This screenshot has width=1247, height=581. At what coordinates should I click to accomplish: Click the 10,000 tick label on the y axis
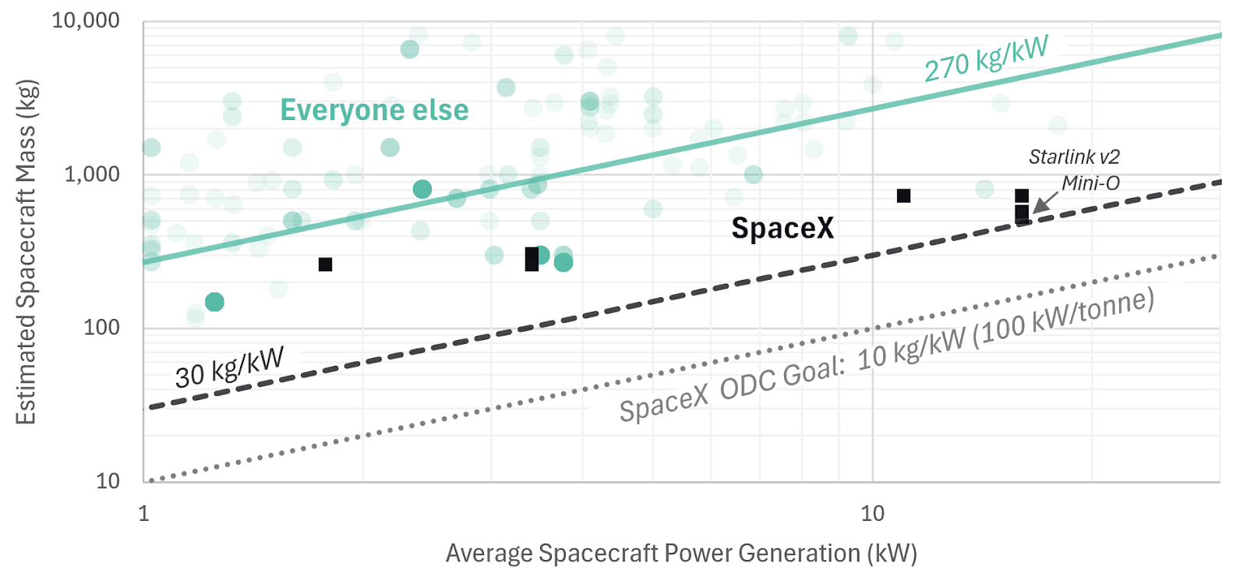(x=85, y=20)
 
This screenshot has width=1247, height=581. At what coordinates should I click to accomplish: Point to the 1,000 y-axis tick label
(x=91, y=174)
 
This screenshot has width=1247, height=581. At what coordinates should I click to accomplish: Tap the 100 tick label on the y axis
(x=101, y=328)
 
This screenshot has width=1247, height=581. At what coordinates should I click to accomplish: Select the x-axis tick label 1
(x=143, y=513)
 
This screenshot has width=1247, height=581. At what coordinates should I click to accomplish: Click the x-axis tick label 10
(x=872, y=513)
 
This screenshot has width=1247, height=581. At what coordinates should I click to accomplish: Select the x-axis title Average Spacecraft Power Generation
(x=680, y=553)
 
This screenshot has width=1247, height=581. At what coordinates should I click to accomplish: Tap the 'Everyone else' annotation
(x=374, y=111)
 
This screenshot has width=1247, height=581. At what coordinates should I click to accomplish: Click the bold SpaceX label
(x=782, y=229)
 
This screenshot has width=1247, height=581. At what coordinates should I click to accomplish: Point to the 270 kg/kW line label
(x=986, y=58)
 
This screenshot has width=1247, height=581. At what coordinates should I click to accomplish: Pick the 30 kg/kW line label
(x=229, y=367)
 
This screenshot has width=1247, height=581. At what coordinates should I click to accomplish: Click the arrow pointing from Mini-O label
(x=1044, y=202)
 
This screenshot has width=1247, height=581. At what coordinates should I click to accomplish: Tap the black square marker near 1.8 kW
(x=326, y=264)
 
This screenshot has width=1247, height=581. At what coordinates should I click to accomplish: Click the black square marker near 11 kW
(x=903, y=196)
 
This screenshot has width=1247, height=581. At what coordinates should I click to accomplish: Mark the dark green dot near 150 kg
(x=214, y=302)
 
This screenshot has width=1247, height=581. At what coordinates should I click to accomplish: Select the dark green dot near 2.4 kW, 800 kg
(x=422, y=189)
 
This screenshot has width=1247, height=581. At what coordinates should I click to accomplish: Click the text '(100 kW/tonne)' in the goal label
(x=1063, y=316)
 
